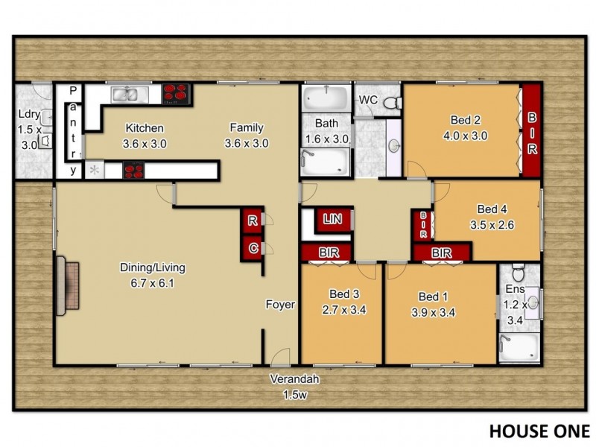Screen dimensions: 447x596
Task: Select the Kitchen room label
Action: click(x=144, y=127)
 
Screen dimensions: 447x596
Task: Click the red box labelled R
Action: click(x=253, y=221)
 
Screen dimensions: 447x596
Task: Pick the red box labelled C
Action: click(x=253, y=247)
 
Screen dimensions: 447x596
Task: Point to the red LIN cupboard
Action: click(x=332, y=218)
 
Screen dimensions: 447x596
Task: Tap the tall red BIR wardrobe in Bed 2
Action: click(x=531, y=131)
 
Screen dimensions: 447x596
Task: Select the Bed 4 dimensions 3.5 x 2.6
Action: click(x=492, y=223)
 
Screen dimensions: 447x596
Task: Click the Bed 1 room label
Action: click(x=434, y=295)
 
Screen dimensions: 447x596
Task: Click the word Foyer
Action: click(x=281, y=305)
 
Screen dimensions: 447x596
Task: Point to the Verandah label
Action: click(x=295, y=379)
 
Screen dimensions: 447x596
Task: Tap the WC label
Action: click(x=368, y=100)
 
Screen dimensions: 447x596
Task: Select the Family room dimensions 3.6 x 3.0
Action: click(x=246, y=143)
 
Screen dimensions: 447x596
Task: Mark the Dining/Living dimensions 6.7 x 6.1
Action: click(x=148, y=282)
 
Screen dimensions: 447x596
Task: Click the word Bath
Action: click(x=327, y=124)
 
